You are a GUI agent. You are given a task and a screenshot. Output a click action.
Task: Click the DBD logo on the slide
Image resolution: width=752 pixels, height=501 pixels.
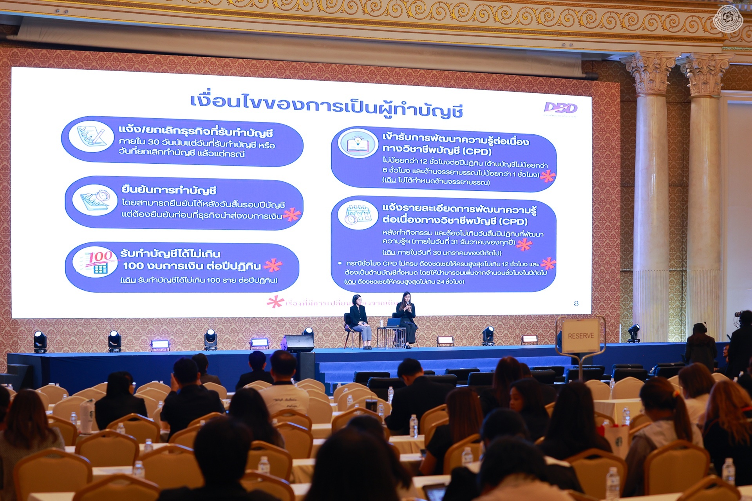(x=561, y=109)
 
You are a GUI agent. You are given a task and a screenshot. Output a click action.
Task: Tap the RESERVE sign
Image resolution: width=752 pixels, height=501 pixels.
(x=581, y=336)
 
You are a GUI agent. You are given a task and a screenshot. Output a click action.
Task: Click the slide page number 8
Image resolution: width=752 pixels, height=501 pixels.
(x=576, y=303)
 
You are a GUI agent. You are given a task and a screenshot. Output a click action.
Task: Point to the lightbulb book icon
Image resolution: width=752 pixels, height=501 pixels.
(x=358, y=143)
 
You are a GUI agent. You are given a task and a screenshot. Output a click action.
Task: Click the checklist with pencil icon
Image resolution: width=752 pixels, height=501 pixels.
(x=91, y=136)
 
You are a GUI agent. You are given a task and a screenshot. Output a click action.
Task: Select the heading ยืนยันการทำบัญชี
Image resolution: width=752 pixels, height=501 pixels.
(x=169, y=191)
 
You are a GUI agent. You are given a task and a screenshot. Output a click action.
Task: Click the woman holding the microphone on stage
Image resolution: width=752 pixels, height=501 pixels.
(x=407, y=317)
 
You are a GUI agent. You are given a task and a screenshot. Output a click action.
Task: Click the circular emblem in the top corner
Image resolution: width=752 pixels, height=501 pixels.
(x=728, y=19)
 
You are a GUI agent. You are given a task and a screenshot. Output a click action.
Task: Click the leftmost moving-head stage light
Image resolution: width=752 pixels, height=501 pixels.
(x=40, y=341)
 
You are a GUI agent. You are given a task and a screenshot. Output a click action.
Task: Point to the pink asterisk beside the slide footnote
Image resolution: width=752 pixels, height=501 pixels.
(x=275, y=302)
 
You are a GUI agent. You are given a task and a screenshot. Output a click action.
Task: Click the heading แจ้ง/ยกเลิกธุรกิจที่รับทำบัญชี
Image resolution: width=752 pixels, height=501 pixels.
(x=195, y=131)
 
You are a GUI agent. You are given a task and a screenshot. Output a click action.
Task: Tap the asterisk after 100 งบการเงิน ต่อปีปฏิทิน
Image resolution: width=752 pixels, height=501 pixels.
(x=273, y=265)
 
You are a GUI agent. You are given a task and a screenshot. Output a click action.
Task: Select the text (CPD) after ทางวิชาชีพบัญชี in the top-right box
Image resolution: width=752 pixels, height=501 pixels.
(x=477, y=152)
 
